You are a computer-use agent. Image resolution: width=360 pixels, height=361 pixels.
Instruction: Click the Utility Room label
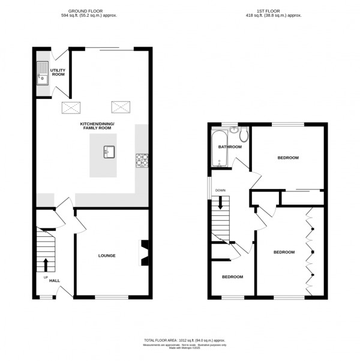[x=58, y=73]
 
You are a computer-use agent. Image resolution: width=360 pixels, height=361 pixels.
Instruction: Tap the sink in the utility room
[x=43, y=74]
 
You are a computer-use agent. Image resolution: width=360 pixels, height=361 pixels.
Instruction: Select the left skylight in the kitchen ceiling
[x=71, y=107]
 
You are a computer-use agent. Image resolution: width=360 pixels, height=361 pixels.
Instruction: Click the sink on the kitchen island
[x=108, y=151]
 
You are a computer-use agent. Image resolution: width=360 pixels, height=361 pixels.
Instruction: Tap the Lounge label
[x=107, y=255]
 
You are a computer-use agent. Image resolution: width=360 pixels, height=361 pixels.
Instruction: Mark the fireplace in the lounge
[x=144, y=252]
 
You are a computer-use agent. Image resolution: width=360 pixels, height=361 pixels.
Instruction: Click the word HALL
[x=55, y=280]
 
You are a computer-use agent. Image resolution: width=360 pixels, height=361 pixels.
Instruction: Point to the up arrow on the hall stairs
[x=46, y=264]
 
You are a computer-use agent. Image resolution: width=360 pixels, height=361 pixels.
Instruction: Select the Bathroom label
[x=230, y=147]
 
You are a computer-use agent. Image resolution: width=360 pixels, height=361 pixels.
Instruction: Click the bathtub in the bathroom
[x=217, y=148]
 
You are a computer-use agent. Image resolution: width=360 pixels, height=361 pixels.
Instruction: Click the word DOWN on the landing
[x=220, y=191]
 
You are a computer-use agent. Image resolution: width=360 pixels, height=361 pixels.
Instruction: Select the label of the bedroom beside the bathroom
[x=287, y=158]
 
